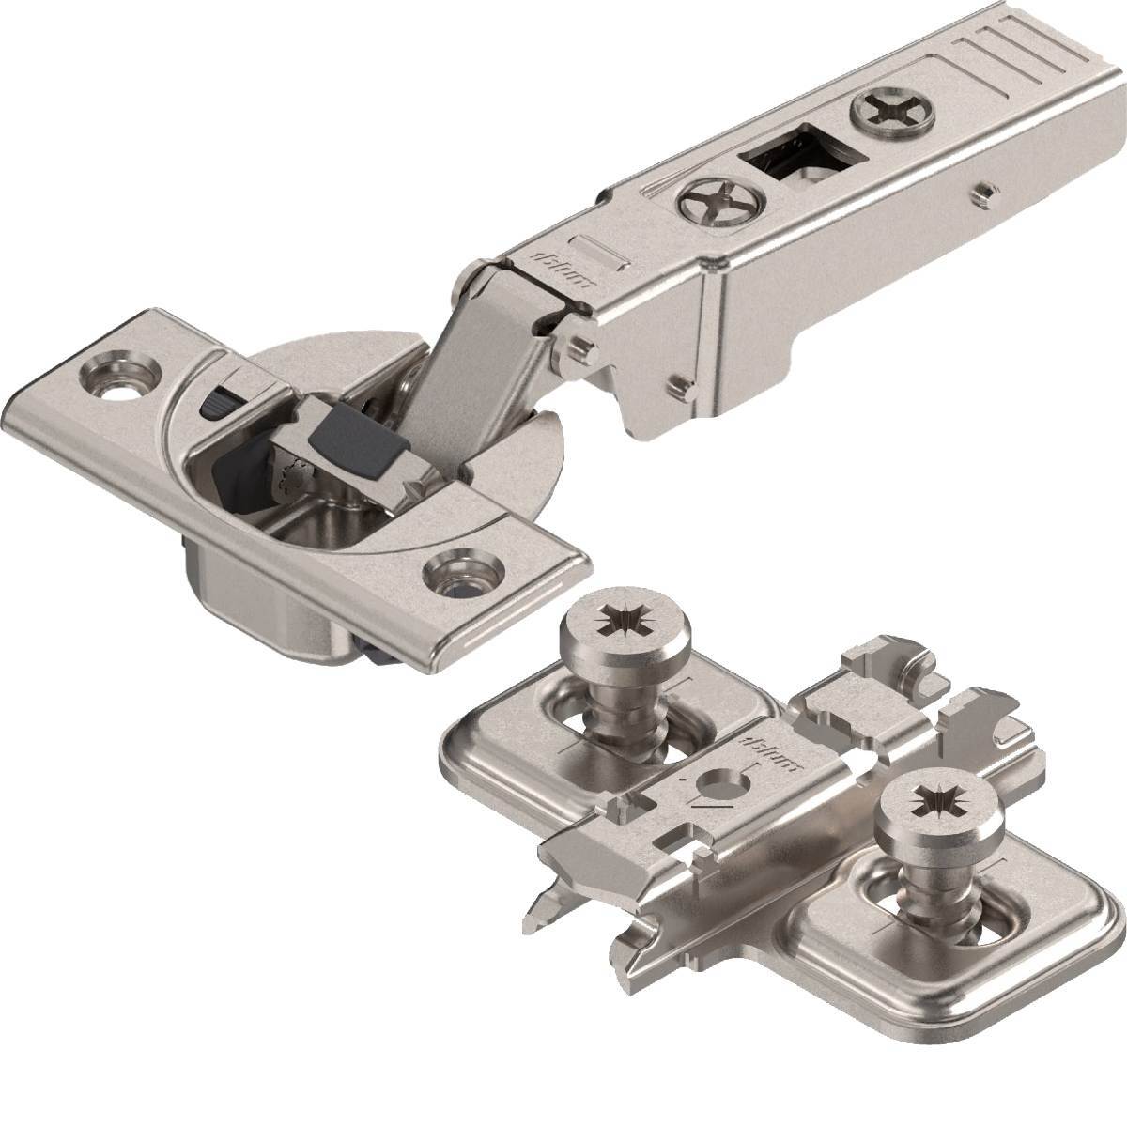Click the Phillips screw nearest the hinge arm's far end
tap(888, 116)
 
